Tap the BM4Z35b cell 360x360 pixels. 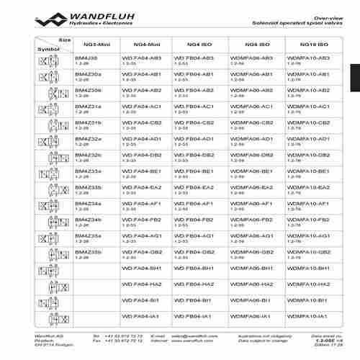89,252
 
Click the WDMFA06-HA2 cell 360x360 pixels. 251,284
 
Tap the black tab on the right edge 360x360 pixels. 355,78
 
